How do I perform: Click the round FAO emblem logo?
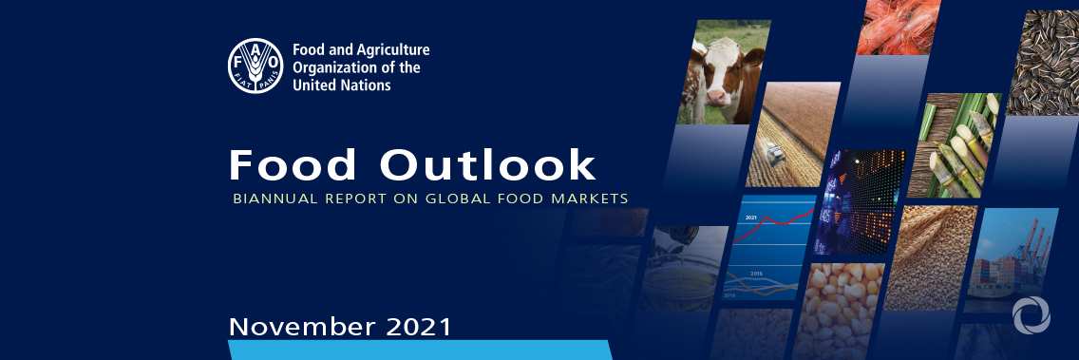click(256, 66)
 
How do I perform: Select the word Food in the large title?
click(293, 165)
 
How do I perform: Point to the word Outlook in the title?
click(487, 165)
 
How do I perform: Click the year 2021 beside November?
click(419, 326)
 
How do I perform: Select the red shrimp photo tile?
click(898, 27)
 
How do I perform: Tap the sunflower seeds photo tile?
click(1043, 62)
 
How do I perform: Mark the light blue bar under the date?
click(421, 350)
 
